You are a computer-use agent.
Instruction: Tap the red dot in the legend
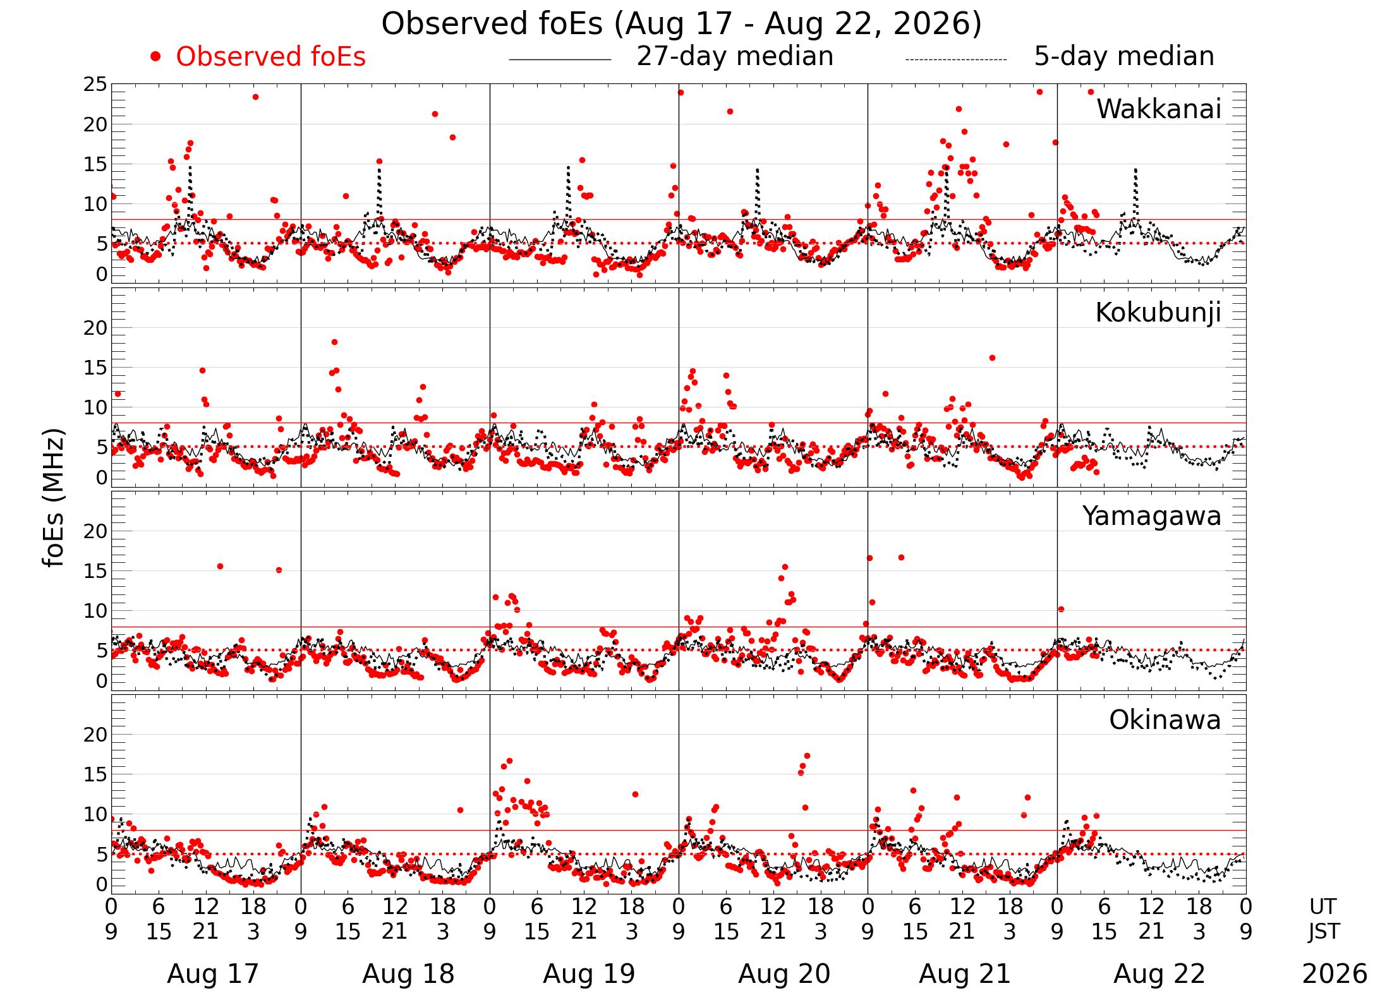click(x=155, y=57)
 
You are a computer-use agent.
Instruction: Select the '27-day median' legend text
click(x=735, y=56)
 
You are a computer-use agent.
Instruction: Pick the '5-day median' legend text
click(x=1124, y=56)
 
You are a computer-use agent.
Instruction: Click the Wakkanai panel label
click(x=1159, y=109)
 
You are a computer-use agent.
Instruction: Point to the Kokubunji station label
click(x=1158, y=313)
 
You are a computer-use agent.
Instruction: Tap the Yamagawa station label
click(x=1152, y=516)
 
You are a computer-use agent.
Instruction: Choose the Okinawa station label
click(x=1165, y=720)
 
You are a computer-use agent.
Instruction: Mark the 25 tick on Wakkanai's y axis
click(x=95, y=85)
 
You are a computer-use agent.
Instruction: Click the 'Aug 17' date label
click(x=213, y=973)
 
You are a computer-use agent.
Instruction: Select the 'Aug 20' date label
click(x=784, y=973)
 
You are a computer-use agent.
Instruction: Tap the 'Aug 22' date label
click(x=1159, y=973)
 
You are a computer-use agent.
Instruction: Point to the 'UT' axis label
click(x=1323, y=907)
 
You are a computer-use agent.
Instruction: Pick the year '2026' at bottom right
click(x=1335, y=973)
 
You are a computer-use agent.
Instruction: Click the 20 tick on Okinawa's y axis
click(x=95, y=735)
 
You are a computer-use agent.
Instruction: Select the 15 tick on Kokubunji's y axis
click(x=95, y=368)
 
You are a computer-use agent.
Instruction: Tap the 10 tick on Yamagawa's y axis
click(x=95, y=611)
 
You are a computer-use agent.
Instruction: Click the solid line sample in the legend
click(x=560, y=60)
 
